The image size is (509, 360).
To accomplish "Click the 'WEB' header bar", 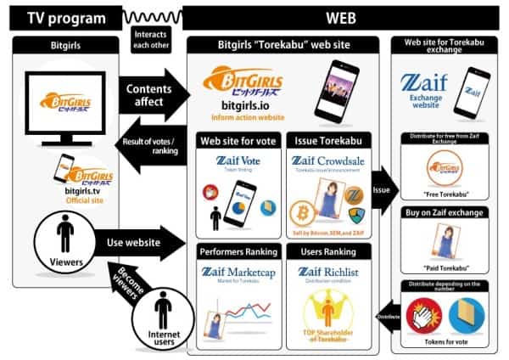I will pos(338,16).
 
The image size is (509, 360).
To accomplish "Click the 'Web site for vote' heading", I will pos(237,139).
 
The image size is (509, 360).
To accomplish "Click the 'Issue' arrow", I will pos(381,188).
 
